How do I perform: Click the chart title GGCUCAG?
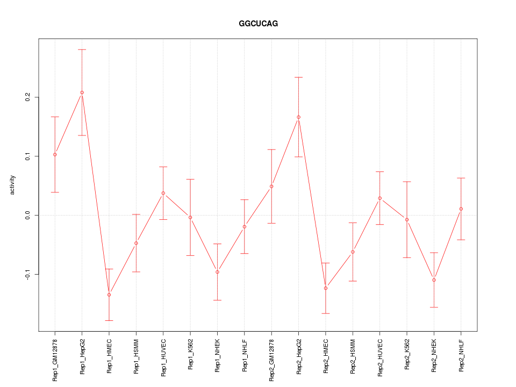(258, 24)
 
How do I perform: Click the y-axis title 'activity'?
(13, 185)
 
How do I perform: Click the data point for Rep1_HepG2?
(82, 92)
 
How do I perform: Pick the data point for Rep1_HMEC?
(109, 295)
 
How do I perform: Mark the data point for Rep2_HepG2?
(298, 117)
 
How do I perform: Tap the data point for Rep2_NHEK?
(434, 280)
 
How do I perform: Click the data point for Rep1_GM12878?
(55, 155)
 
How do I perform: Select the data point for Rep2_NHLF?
(461, 209)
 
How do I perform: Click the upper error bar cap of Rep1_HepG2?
(82, 49)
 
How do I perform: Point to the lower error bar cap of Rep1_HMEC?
(109, 320)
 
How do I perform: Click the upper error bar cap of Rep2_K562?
(407, 182)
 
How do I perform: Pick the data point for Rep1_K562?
(190, 217)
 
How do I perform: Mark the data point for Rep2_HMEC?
(326, 288)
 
